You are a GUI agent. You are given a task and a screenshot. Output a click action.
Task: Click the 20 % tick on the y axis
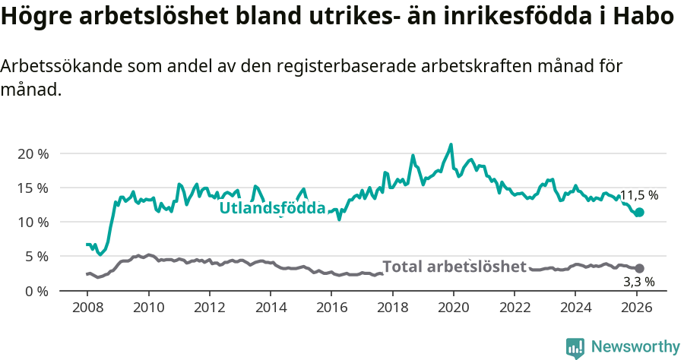pyautogui.click(x=33, y=153)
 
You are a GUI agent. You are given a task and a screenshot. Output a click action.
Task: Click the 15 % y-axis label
pyautogui.click(x=33, y=188)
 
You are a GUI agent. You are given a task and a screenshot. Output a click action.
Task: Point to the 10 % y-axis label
pyautogui.click(x=33, y=222)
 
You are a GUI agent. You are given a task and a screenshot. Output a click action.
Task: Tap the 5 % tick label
pyautogui.click(x=36, y=257)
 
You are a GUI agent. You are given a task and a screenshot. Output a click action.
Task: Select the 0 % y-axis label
pyautogui.click(x=36, y=291)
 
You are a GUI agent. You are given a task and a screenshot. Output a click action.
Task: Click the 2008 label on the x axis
pyautogui.click(x=87, y=308)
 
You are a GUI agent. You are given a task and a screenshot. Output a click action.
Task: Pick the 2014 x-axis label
pyautogui.click(x=271, y=308)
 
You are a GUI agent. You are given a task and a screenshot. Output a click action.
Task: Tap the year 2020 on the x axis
pyautogui.click(x=453, y=308)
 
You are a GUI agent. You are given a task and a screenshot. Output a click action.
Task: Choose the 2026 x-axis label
pyautogui.click(x=636, y=308)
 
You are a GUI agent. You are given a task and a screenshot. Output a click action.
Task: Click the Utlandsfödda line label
pyautogui.click(x=272, y=208)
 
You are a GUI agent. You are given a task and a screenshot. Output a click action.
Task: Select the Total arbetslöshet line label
pyautogui.click(x=454, y=267)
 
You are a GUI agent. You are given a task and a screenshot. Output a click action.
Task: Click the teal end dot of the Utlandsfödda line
pyautogui.click(x=639, y=213)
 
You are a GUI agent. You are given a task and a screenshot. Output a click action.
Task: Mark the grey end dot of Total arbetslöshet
pyautogui.click(x=639, y=268)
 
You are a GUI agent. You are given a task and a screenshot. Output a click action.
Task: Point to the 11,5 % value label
pyautogui.click(x=638, y=195)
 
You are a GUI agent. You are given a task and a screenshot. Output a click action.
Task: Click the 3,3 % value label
pyautogui.click(x=638, y=282)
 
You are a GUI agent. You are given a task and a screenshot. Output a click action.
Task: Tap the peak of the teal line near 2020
pyautogui.click(x=451, y=144)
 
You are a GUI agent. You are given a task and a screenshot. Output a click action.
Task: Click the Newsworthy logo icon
pyautogui.click(x=575, y=348)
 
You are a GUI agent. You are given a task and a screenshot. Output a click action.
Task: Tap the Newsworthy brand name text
pyautogui.click(x=635, y=347)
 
